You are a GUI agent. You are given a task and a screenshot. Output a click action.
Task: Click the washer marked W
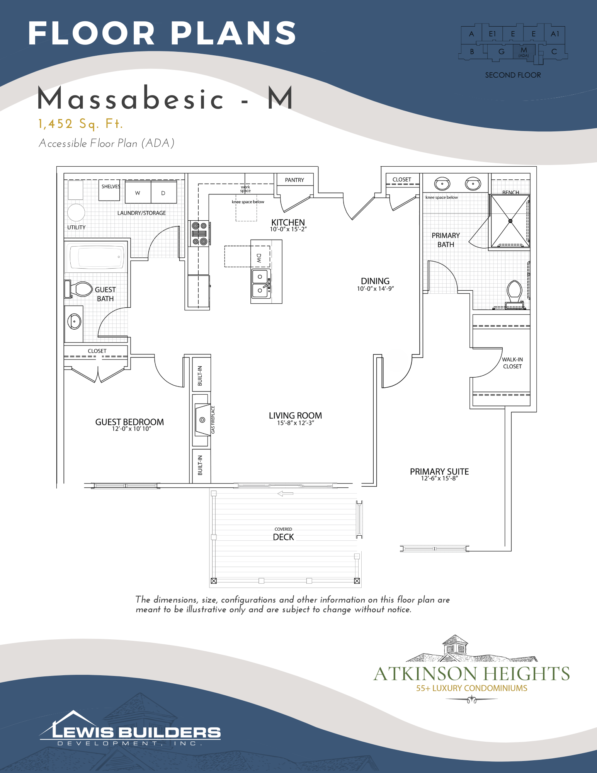pos(138,192)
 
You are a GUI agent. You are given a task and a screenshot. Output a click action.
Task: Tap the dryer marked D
pos(163,192)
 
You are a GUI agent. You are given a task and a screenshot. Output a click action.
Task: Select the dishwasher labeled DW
pos(259,256)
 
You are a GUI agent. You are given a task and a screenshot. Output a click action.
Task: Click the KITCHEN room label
pos(288,222)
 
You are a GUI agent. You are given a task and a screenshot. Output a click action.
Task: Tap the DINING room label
pos(375,281)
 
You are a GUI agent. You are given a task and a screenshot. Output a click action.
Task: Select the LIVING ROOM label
pos(295,415)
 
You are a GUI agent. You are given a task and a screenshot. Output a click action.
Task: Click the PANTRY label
pos(294,180)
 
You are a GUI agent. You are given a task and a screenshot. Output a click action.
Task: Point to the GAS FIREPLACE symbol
pos(202,419)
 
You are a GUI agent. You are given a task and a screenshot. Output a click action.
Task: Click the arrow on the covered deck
pos(285,494)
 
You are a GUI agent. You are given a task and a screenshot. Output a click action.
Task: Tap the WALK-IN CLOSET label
pos(512,363)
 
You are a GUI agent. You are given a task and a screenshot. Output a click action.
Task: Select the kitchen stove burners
pos(199,233)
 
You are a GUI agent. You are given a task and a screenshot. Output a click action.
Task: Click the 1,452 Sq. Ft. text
pos(80,124)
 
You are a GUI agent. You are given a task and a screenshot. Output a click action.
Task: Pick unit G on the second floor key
pos(502,51)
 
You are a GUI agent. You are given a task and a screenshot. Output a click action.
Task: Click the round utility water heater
pos(76,213)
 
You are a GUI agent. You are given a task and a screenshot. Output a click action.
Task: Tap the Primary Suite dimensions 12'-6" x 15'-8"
pos(439,478)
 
